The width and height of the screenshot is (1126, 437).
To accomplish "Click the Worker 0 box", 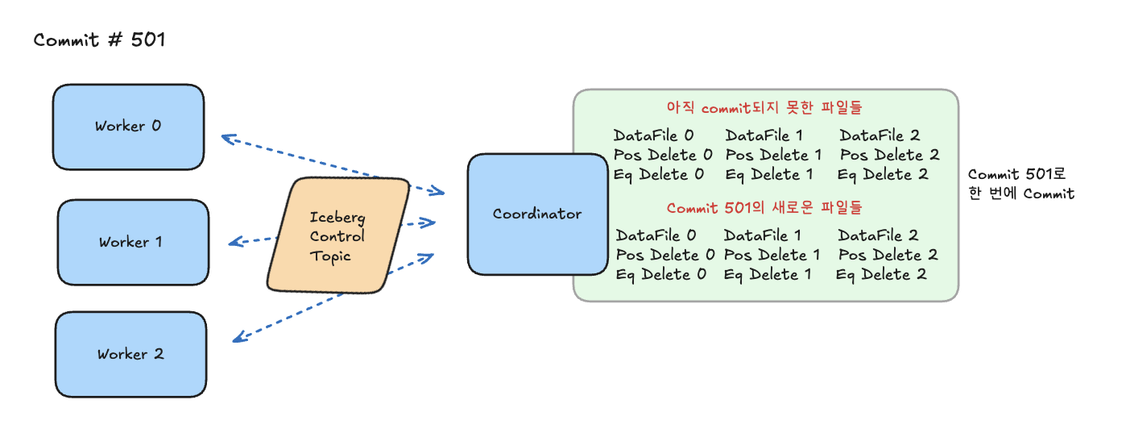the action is click(x=129, y=127).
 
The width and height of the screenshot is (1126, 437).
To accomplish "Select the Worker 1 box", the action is click(x=133, y=242).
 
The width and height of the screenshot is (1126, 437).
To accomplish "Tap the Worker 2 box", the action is click(x=130, y=355).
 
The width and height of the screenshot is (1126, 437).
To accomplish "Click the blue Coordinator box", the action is click(x=537, y=214).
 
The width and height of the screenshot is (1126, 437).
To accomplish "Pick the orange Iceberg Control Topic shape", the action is click(x=338, y=235).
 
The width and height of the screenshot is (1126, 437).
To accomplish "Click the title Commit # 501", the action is click(x=100, y=40).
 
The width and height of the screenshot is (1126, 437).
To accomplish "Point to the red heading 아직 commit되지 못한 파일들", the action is click(x=764, y=107).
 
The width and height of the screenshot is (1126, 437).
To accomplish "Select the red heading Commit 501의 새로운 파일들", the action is click(x=764, y=207).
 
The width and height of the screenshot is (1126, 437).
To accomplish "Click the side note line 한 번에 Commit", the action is click(x=1021, y=194).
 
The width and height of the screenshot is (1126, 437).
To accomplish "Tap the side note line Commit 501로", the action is click(x=1016, y=174).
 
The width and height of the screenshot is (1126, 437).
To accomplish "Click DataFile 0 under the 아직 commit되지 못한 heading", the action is click(x=653, y=135).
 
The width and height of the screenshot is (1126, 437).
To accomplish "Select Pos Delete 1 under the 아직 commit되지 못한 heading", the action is click(x=773, y=155).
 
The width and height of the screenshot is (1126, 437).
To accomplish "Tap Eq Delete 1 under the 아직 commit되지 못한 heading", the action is click(x=768, y=175).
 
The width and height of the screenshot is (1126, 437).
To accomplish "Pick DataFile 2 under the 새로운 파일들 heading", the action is click(x=878, y=235).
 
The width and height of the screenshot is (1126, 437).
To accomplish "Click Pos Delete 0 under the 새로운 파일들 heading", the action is click(x=665, y=255).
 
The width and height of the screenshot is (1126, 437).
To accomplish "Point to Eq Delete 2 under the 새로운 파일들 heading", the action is click(x=880, y=274).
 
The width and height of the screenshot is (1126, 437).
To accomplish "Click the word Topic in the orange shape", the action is click(x=330, y=256).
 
